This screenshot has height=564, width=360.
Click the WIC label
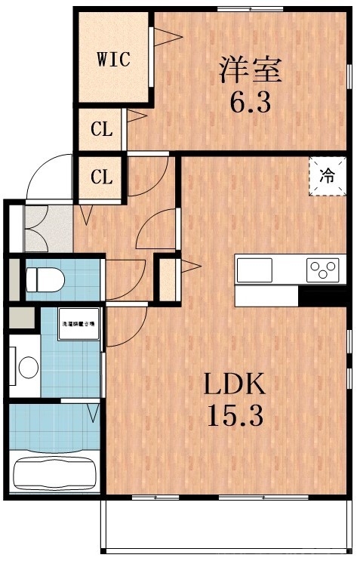tap(113, 58)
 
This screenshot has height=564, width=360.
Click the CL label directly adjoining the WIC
tap(102, 129)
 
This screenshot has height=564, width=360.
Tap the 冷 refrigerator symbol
tap(327, 177)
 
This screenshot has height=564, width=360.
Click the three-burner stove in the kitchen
tap(322, 269)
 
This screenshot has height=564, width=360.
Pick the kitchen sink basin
tap(254, 269)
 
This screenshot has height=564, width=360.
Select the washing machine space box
tap(78, 324)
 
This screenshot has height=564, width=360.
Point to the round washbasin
tap(28, 368)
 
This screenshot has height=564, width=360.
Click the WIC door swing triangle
tap(168, 35)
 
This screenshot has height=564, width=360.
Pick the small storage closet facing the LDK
tap(165, 278)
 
